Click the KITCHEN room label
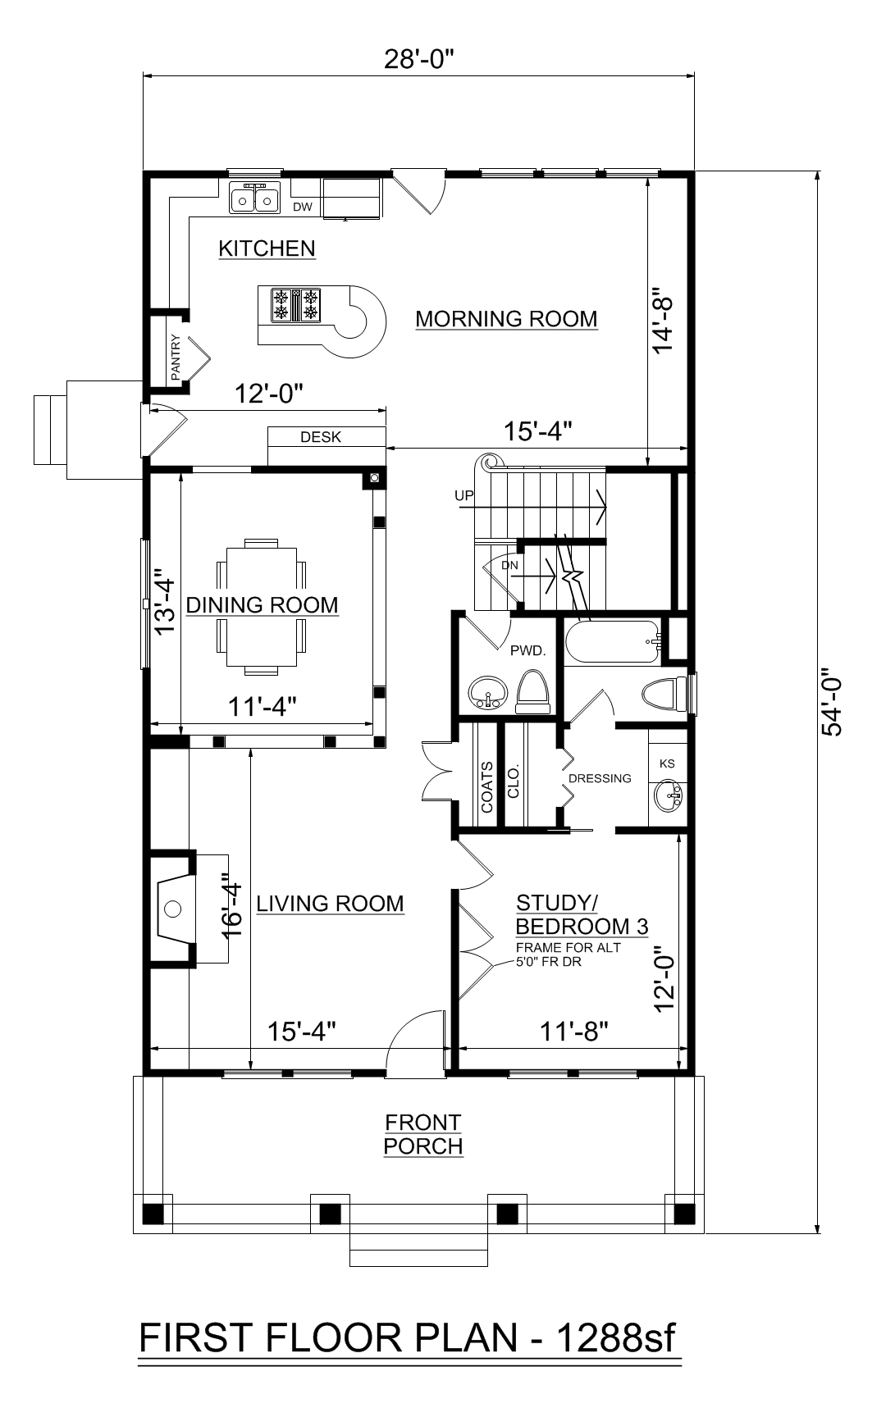coord(267,248)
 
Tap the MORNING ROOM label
coord(506,319)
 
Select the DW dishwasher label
coord(303,207)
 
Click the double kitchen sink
coord(253,199)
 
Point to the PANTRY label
coord(176,358)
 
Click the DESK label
coord(321,437)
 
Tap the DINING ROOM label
coord(262,605)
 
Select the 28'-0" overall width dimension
coord(419,61)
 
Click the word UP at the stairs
coord(464,496)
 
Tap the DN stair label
coord(509,565)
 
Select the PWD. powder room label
coord(527,651)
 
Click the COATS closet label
coord(487,788)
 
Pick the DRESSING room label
coord(600,778)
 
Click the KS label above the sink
coord(667,763)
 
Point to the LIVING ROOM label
coord(330,904)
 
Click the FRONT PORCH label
coord(423,1134)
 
